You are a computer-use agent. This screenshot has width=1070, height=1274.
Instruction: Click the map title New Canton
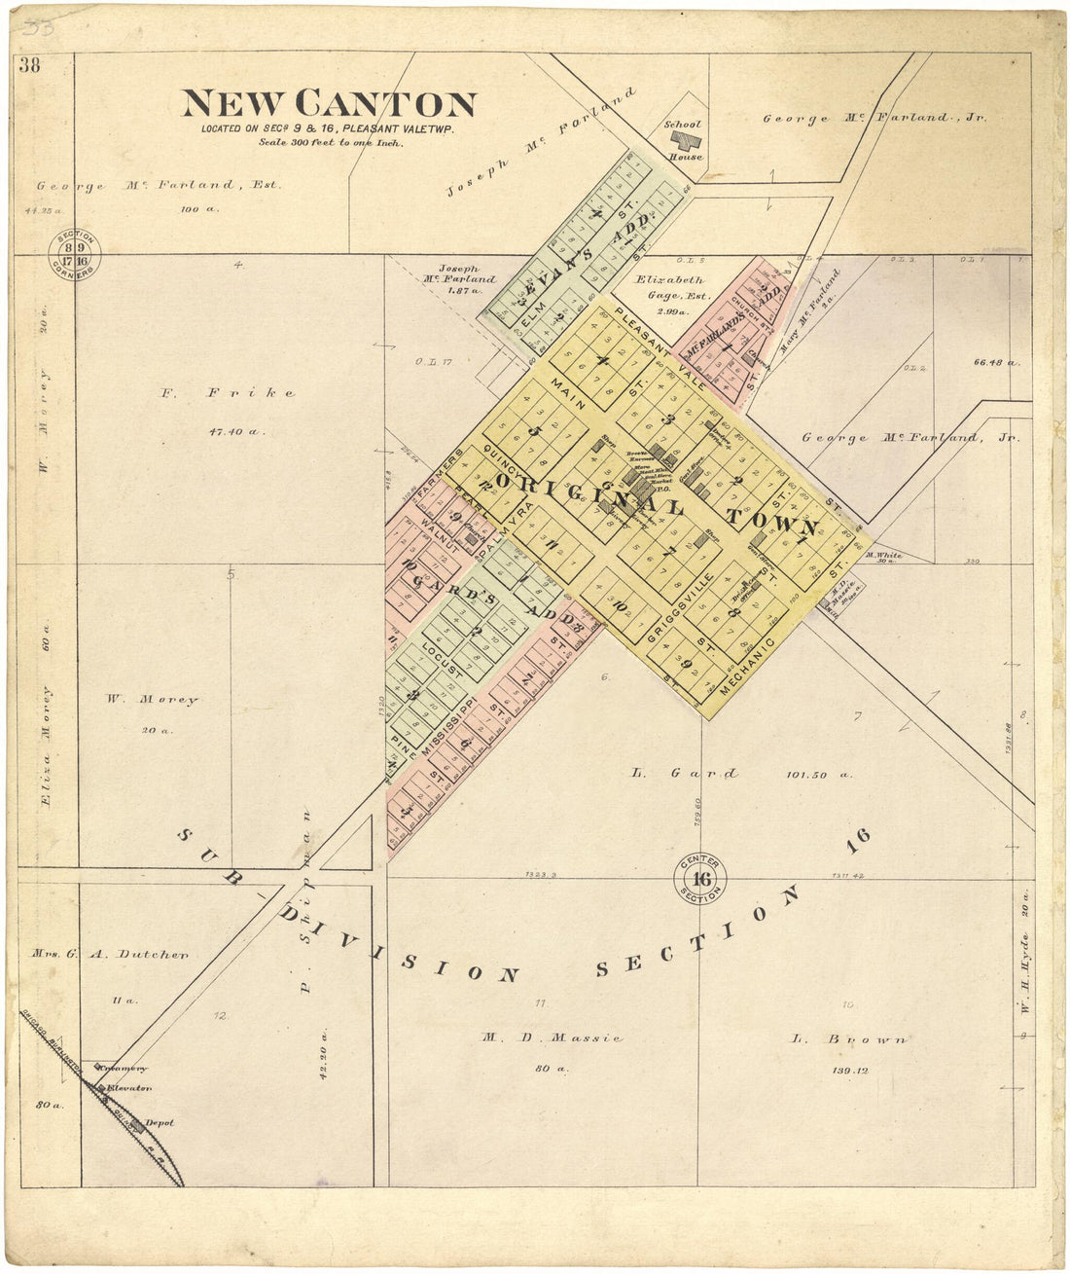click(329, 104)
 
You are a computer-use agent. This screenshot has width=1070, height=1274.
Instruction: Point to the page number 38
click(29, 65)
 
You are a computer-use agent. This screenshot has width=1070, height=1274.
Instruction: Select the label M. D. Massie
click(551, 1037)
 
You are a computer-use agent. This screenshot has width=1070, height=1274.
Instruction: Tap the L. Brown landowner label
click(849, 1039)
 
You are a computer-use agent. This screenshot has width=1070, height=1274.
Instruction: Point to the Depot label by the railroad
click(159, 1123)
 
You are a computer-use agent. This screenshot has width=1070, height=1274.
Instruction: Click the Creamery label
click(126, 1069)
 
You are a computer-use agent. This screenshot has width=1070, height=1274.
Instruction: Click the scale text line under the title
click(331, 142)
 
